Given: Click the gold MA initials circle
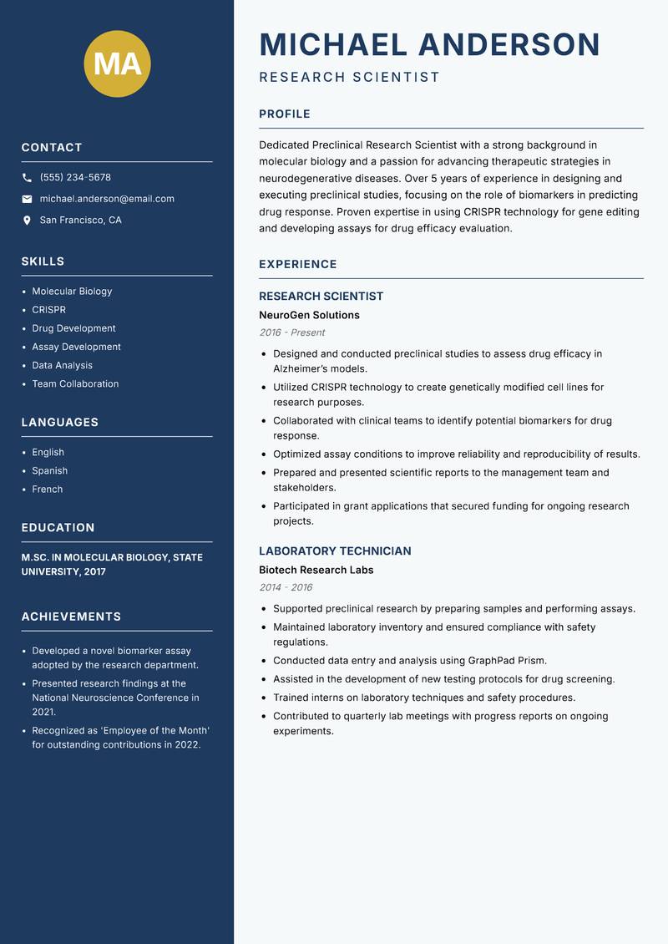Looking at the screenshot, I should (118, 63).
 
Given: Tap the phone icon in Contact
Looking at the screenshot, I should (28, 178).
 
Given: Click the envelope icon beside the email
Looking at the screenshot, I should (28, 199).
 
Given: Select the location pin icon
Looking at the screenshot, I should (28, 221).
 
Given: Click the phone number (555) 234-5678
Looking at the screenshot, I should (75, 177).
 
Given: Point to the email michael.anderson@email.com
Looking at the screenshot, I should (107, 199).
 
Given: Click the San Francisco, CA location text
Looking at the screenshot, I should (80, 221).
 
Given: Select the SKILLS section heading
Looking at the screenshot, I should (43, 261).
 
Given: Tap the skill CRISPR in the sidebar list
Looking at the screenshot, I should (48, 310).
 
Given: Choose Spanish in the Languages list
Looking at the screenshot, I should (50, 471).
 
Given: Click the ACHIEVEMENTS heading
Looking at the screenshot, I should (71, 617).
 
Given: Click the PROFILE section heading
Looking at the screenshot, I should (285, 114).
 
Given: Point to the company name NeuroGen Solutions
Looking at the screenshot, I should (309, 315).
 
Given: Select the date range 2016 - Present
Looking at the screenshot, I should (292, 332).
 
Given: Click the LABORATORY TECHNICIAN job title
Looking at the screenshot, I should (335, 551).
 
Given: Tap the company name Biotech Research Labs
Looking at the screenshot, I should (316, 570).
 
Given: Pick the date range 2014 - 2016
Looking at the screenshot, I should (286, 587).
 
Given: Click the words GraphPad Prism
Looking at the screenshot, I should (509, 661).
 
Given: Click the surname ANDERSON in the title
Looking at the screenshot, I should (509, 44).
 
